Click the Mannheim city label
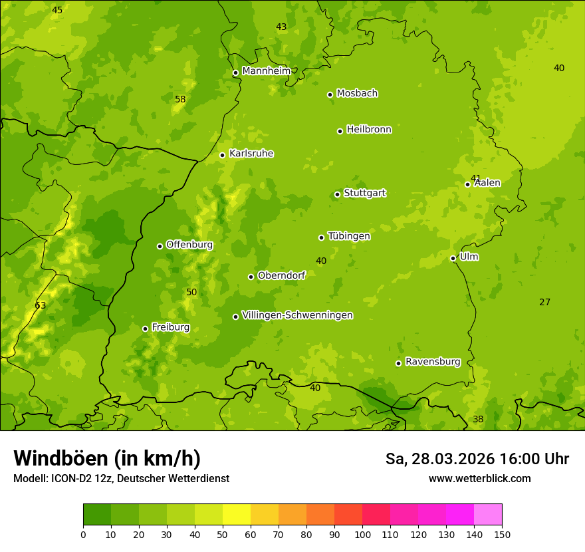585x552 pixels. pos(266,71)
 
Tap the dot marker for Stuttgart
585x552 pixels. pos(337,194)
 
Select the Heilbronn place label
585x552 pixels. pos(369,130)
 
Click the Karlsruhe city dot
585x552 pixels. pos(223,155)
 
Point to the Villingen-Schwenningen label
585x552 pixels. pos(297,315)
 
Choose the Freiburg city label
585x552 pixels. pos(170,327)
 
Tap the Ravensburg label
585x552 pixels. pos(432,362)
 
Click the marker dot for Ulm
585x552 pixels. pos(453,258)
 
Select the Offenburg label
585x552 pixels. pos(189,245)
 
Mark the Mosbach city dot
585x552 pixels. pos(330,94)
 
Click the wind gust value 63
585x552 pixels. pos(41,305)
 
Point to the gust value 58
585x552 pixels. pos(180,99)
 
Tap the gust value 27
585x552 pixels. pos(544,302)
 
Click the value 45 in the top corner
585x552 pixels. pos(57,10)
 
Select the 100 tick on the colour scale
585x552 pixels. pos(362,534)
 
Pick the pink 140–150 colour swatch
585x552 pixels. pos(488,515)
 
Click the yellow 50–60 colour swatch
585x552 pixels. pos(237,515)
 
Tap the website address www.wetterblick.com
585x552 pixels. pos(479,478)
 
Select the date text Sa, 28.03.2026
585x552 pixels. pos(440,459)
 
